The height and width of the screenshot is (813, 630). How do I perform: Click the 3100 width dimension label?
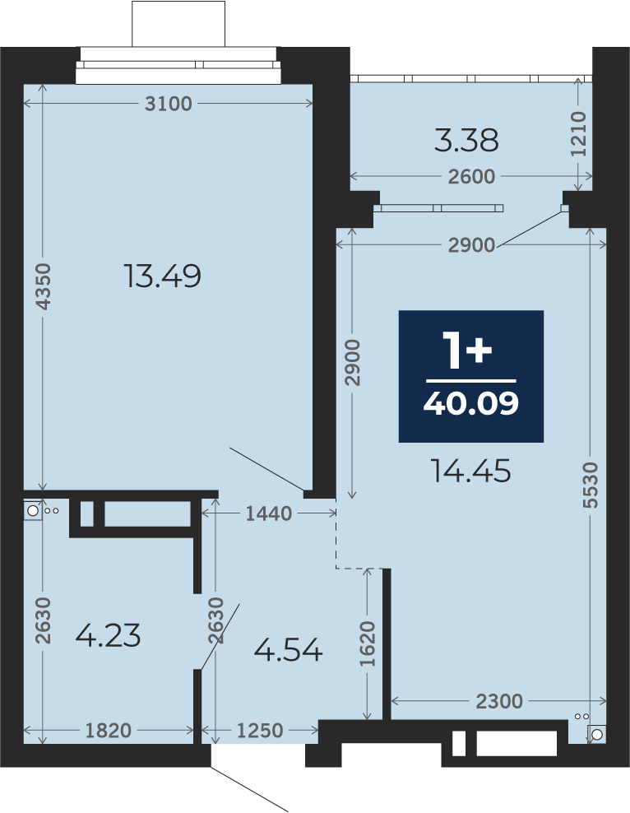(x=169, y=104)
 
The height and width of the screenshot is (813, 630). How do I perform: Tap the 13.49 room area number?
(x=163, y=276)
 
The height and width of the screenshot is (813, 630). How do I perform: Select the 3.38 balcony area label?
(x=466, y=141)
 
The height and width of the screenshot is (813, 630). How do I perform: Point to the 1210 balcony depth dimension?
(x=578, y=134)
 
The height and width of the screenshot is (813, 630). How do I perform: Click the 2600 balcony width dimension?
(x=471, y=177)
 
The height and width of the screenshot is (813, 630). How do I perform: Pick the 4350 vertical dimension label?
(x=43, y=286)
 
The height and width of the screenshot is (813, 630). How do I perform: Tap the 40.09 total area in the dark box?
(x=471, y=403)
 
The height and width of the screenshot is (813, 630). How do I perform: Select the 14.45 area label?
(x=471, y=472)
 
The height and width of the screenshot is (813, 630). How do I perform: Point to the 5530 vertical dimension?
(x=590, y=485)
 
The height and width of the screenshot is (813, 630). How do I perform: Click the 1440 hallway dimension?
(x=269, y=513)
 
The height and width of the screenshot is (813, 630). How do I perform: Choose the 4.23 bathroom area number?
(x=108, y=636)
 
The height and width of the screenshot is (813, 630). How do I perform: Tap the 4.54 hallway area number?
(x=289, y=650)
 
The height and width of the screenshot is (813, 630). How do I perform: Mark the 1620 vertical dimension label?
(x=368, y=644)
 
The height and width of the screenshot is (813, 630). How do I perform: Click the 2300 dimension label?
(x=499, y=702)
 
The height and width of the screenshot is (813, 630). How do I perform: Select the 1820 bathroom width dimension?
(x=109, y=731)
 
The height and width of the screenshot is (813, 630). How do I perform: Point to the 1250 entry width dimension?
(x=260, y=731)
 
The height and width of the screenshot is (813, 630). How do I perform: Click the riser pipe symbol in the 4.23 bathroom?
(x=33, y=511)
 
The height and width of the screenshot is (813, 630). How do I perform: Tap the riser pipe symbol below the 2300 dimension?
(x=597, y=735)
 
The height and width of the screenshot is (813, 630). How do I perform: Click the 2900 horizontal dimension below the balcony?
(x=471, y=245)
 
